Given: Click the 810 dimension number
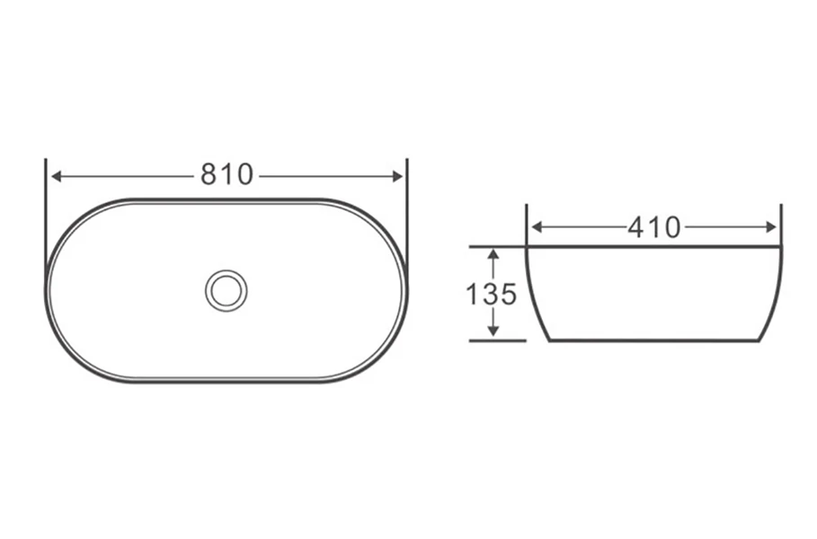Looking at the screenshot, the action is point(226,175).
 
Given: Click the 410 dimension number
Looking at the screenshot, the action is point(654,227).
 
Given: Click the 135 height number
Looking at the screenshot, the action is point(491,295).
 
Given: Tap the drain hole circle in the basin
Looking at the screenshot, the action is point(226,290).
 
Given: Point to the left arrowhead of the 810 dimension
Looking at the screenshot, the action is point(57,177).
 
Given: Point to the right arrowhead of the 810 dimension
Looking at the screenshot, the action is point(396,177).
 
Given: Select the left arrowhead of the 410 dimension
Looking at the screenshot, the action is point(537,227).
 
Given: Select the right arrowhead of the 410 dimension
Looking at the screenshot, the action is point(770,227).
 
